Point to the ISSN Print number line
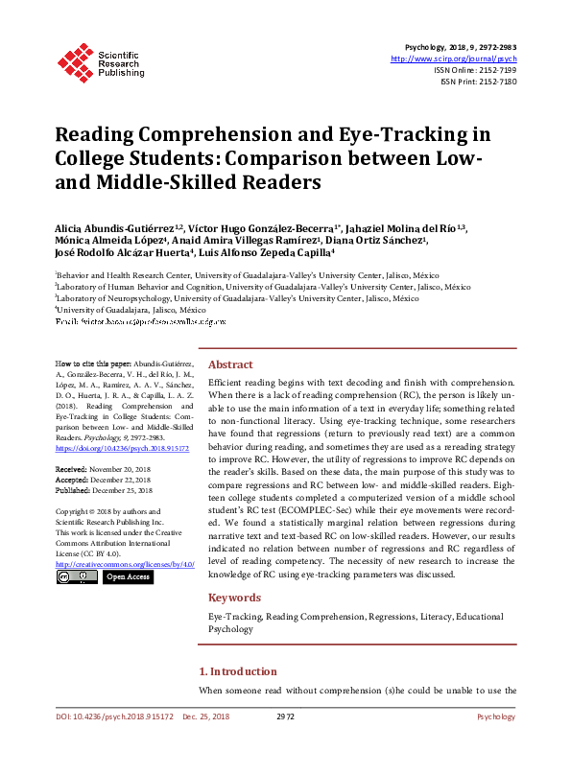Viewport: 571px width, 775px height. pyautogui.click(x=480, y=82)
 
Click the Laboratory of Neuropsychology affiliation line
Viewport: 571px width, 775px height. pyautogui.click(x=237, y=298)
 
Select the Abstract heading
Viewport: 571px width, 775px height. pyautogui.click(x=230, y=364)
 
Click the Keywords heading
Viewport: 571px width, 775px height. pyautogui.click(x=234, y=598)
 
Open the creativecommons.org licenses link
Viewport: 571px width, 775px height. pyautogui.click(x=126, y=564)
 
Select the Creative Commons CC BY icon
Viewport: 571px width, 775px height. pyautogui.click(x=77, y=576)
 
